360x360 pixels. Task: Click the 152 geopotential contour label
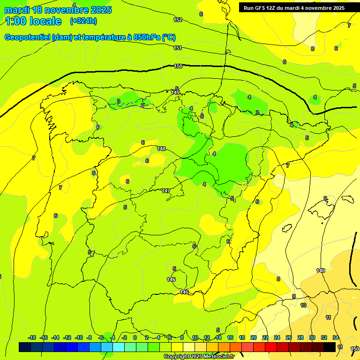pyautogui.click(x=178, y=20)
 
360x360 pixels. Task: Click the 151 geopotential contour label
pyautogui.click(x=178, y=48)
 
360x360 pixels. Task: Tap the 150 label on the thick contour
pyautogui.click(x=178, y=66)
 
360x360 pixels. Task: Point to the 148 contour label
pyautogui.click(x=161, y=149)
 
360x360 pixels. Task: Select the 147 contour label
pyautogui.click(x=166, y=191)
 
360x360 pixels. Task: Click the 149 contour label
pyautogui.click(x=321, y=270)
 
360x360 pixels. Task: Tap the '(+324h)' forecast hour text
pyautogui.click(x=83, y=21)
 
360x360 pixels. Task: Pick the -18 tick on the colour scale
pyautogui.click(x=32, y=337)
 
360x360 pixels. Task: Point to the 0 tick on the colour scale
pyautogui.click(x=135, y=337)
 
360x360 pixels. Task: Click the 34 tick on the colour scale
pyautogui.click(x=336, y=337)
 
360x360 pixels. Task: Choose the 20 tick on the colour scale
pyautogui.click(x=254, y=337)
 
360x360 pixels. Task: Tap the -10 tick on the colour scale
pyautogui.click(x=79, y=337)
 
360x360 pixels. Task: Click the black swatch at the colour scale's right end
pyautogui.click(x=330, y=347)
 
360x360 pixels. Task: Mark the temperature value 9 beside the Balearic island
pyautogui.click(x=325, y=198)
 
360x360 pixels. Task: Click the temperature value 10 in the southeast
pyautogui.click(x=303, y=305)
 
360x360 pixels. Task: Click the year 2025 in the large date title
pyautogui.click(x=97, y=10)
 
